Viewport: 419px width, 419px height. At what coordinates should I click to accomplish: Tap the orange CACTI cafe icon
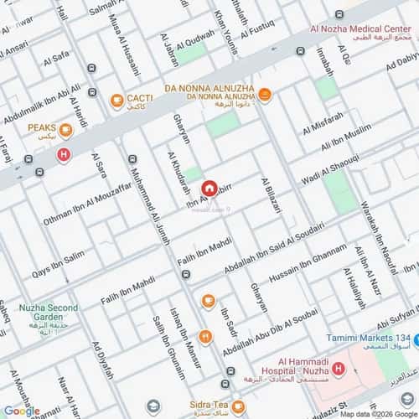(117, 101)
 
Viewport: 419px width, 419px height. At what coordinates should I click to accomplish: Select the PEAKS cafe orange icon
(66, 131)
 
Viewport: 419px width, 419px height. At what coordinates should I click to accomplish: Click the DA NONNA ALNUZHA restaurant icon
(265, 95)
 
